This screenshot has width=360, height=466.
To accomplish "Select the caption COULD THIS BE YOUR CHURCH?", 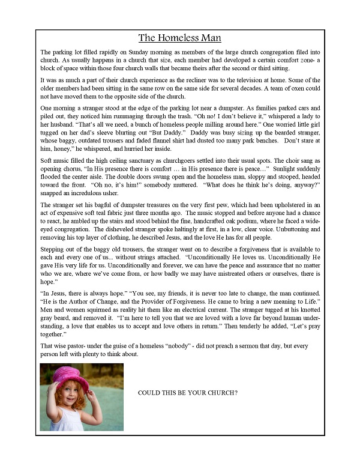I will (x=188, y=393).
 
